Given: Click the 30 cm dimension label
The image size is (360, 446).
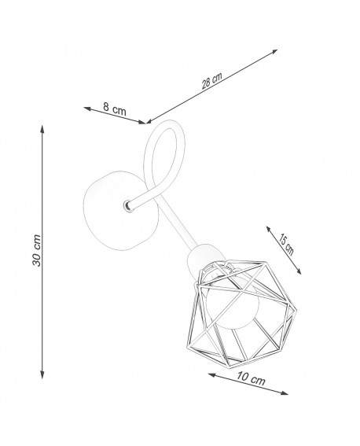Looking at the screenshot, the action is coord(37,250).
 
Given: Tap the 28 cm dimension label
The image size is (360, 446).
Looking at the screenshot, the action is coord(211,80).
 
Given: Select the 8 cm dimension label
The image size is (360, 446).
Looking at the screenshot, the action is coord(114,109).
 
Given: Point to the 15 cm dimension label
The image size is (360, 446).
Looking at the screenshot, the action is coord(285,245).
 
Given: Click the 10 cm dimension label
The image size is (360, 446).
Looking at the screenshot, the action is coord(251,378).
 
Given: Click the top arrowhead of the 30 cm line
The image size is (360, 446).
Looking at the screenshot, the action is coord(42,129).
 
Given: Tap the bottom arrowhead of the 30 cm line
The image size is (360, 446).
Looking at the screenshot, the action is coord(42,375).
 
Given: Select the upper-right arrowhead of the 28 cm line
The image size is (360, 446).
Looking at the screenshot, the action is coord(274,51).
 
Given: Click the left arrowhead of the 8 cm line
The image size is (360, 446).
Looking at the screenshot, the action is coord(87,109).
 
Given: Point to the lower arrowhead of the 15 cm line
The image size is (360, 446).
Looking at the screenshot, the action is coord(299,271).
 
